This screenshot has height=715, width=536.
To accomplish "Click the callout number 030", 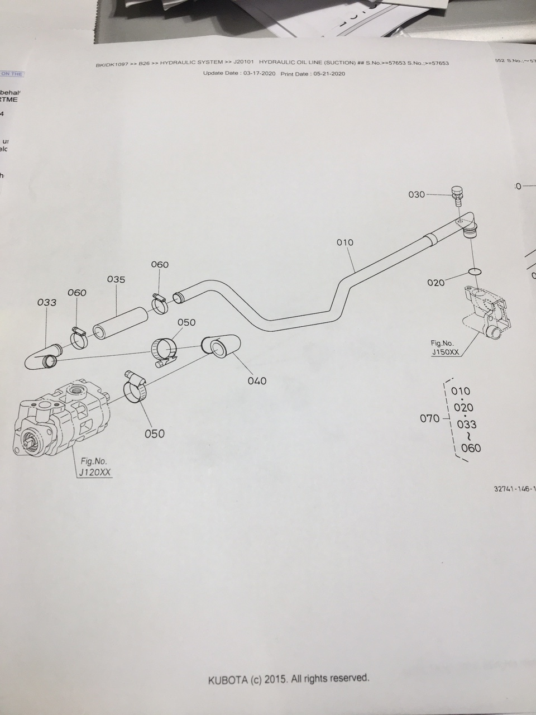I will [x=417, y=194].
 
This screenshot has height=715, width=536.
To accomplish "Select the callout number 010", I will [x=345, y=242].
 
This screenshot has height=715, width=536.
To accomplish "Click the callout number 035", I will [x=116, y=279].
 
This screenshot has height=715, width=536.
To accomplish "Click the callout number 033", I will [x=47, y=302].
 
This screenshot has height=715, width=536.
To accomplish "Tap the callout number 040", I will [x=257, y=381].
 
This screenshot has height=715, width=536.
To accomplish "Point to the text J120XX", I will [x=95, y=472].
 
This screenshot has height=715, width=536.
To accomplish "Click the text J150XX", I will [x=445, y=352].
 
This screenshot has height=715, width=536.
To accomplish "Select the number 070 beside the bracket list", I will [x=429, y=418].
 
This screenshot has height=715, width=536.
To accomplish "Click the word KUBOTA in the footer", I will [x=228, y=680].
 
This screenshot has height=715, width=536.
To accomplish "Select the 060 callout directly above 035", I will [x=160, y=265].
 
